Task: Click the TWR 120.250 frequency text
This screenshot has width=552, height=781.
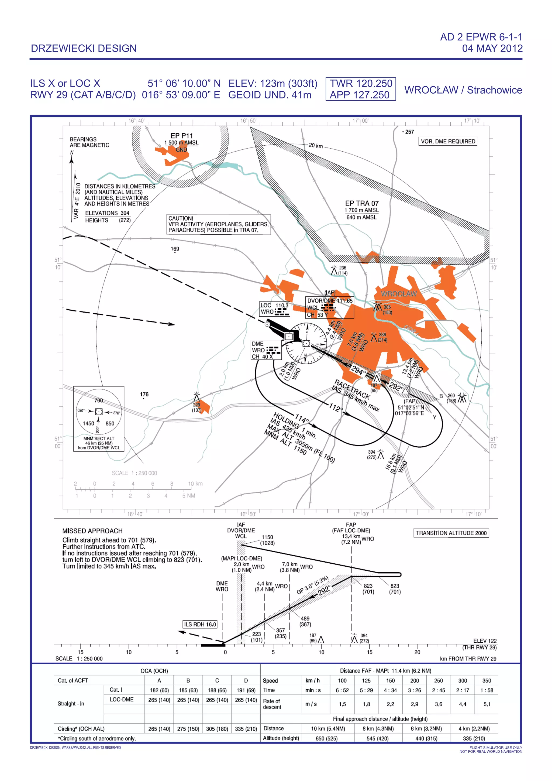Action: click(361, 83)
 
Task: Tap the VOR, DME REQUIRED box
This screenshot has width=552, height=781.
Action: click(448, 142)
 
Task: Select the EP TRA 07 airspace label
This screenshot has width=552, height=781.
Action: click(362, 203)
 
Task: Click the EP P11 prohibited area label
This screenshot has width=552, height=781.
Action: click(181, 136)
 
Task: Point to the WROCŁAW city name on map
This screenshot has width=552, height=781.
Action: click(398, 294)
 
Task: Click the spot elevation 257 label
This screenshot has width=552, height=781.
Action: click(409, 132)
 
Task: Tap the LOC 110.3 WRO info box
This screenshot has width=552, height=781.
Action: click(275, 309)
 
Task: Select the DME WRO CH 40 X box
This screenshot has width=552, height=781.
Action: click(266, 350)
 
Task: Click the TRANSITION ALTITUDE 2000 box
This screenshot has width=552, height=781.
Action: click(451, 533)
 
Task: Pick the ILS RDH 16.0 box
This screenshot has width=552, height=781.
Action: click(200, 624)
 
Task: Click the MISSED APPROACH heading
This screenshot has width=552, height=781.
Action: click(92, 531)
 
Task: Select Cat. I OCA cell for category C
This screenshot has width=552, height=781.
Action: click(217, 690)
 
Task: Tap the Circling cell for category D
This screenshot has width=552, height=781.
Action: click(246, 729)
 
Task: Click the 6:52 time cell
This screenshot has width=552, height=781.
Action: click(342, 690)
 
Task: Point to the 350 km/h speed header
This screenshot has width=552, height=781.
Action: click(487, 680)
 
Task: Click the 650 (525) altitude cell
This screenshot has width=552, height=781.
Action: click(327, 738)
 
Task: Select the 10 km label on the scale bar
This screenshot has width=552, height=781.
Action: click(195, 484)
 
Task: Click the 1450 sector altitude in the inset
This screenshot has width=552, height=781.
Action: click(88, 423)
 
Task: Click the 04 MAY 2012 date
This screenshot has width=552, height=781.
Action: click(492, 48)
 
